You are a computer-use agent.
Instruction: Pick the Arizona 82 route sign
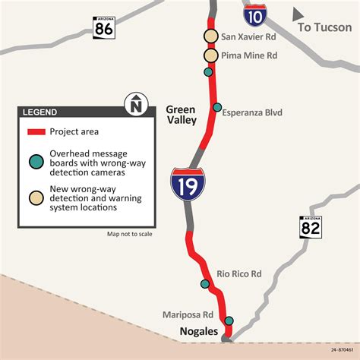point(310,229)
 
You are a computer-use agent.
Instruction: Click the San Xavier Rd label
point(247,36)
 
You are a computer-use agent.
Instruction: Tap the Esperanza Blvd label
point(252,112)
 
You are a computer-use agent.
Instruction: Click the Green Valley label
point(181,115)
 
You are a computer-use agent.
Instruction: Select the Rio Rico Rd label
point(238,273)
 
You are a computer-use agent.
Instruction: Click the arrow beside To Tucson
point(301,14)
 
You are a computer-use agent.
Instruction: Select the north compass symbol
point(135,104)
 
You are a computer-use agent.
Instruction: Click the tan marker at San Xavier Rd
point(210,36)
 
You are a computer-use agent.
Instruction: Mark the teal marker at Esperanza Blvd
point(217,107)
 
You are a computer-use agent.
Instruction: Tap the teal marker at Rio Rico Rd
point(205,284)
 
